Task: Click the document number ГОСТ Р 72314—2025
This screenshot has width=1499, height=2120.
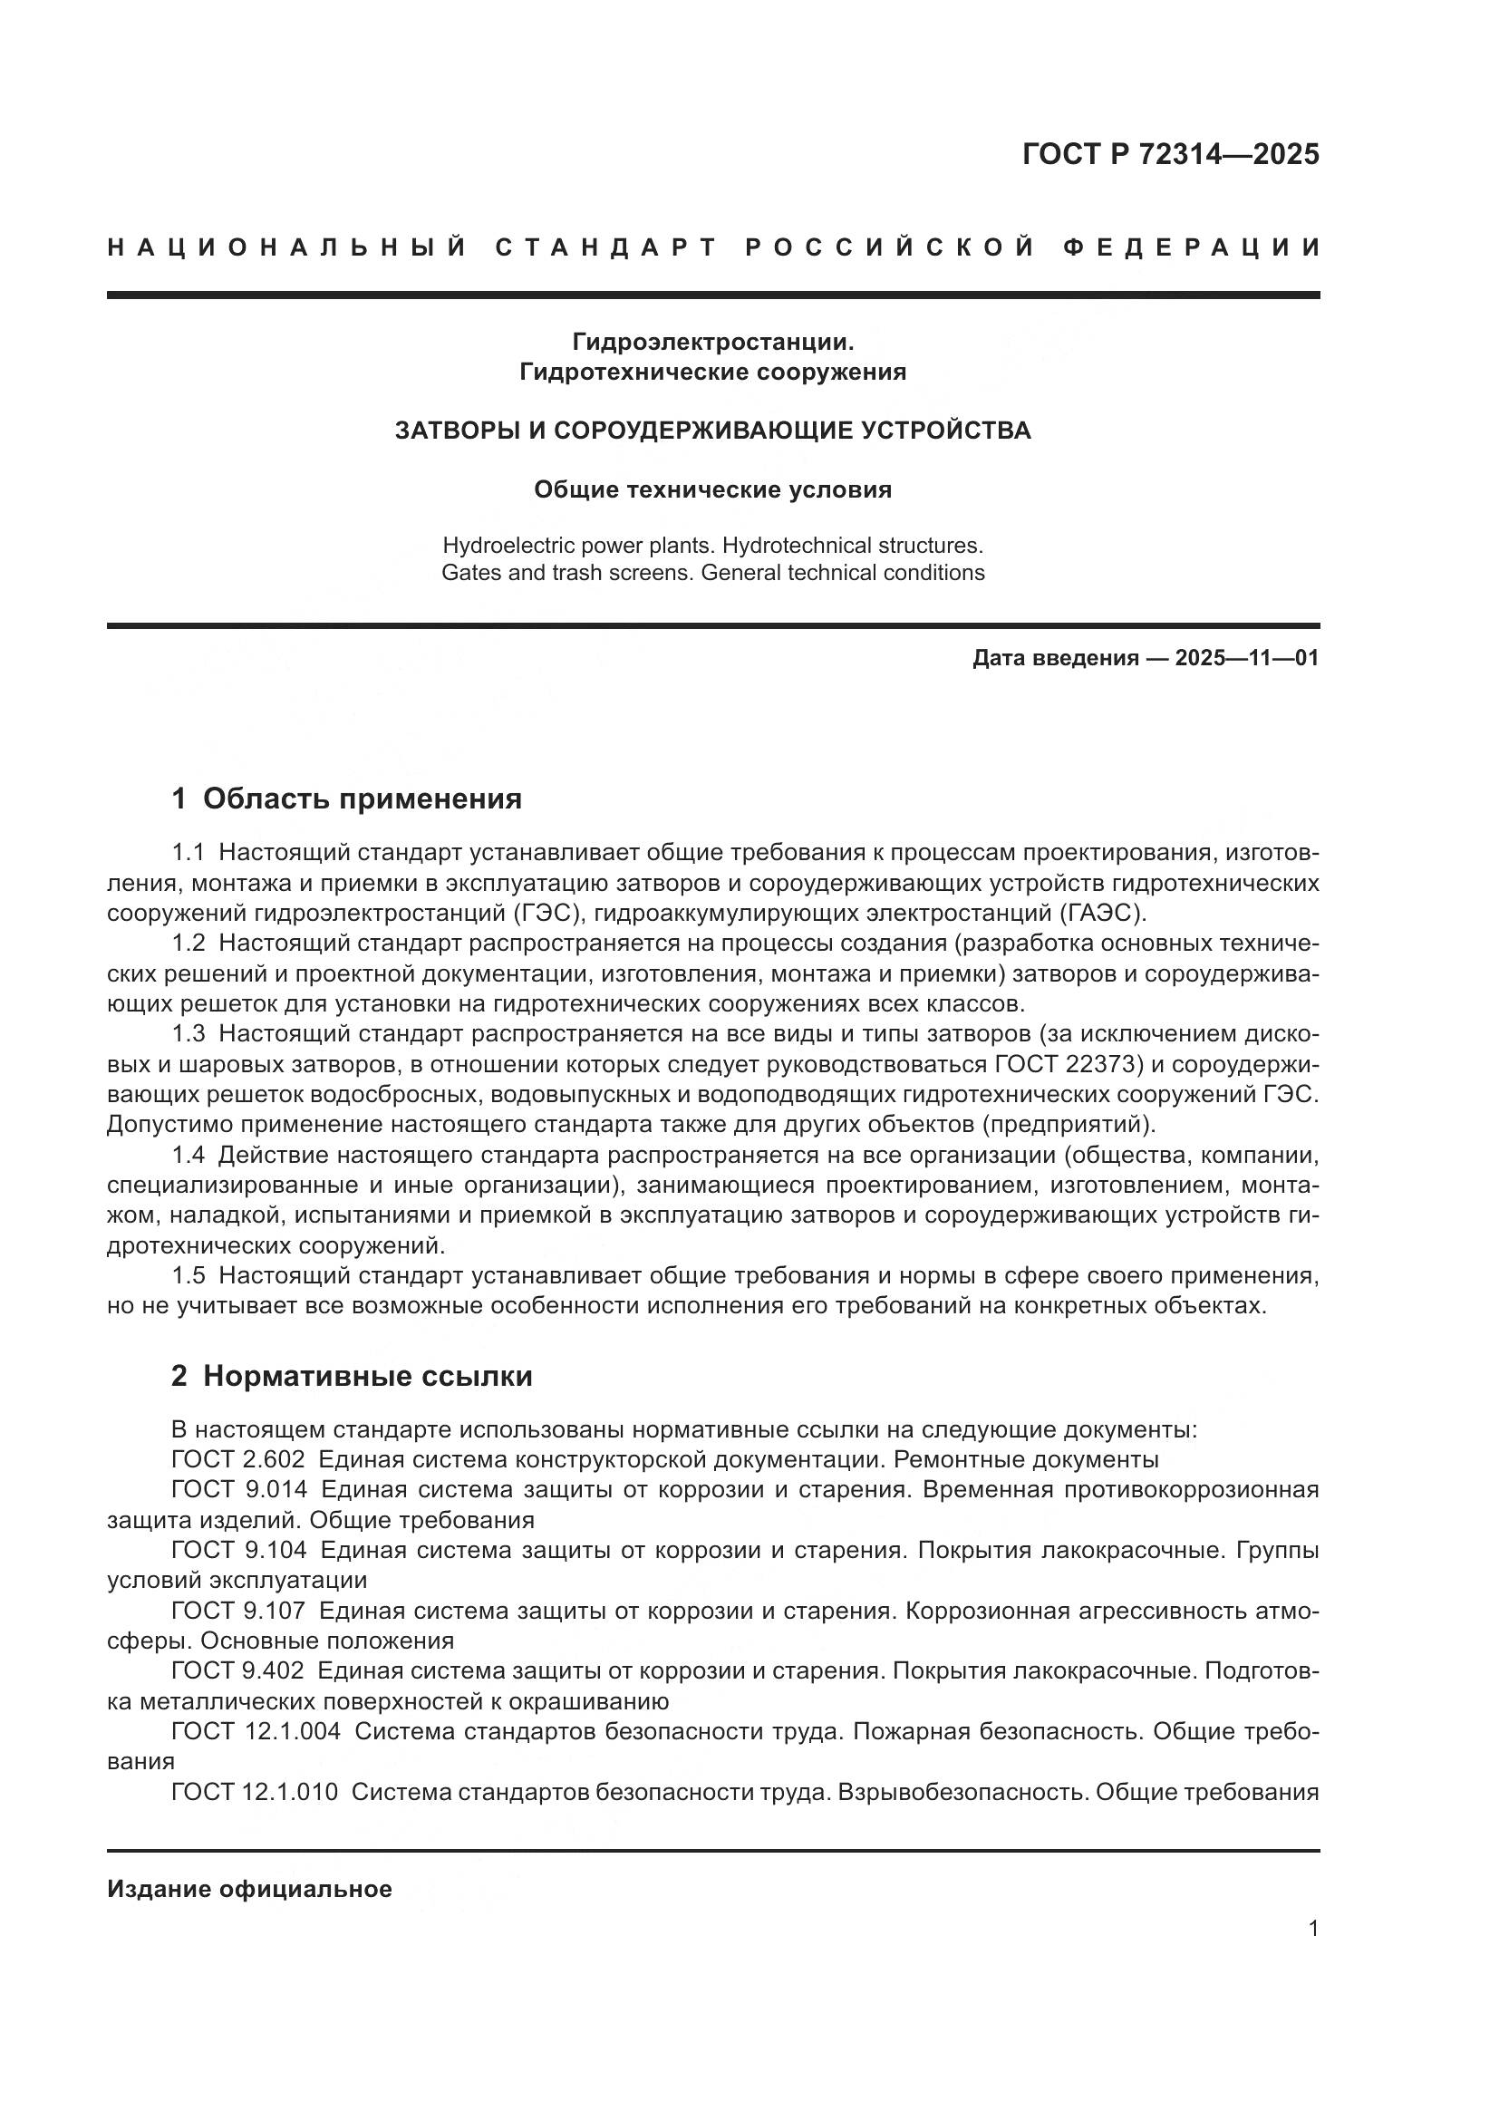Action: click(1170, 154)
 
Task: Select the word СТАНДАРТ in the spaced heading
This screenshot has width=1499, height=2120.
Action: click(606, 248)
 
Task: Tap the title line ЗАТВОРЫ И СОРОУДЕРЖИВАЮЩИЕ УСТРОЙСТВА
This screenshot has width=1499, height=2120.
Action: click(712, 431)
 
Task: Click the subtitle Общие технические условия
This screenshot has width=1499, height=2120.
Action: click(712, 490)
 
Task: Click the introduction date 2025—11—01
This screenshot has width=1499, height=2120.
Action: click(1246, 658)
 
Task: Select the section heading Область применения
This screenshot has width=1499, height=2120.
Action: click(362, 799)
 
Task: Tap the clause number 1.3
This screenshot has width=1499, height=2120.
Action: click(189, 1034)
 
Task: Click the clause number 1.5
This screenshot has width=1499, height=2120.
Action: click(189, 1277)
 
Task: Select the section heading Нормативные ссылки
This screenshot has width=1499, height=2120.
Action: click(367, 1377)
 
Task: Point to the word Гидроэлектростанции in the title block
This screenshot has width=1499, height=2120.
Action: click(712, 343)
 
